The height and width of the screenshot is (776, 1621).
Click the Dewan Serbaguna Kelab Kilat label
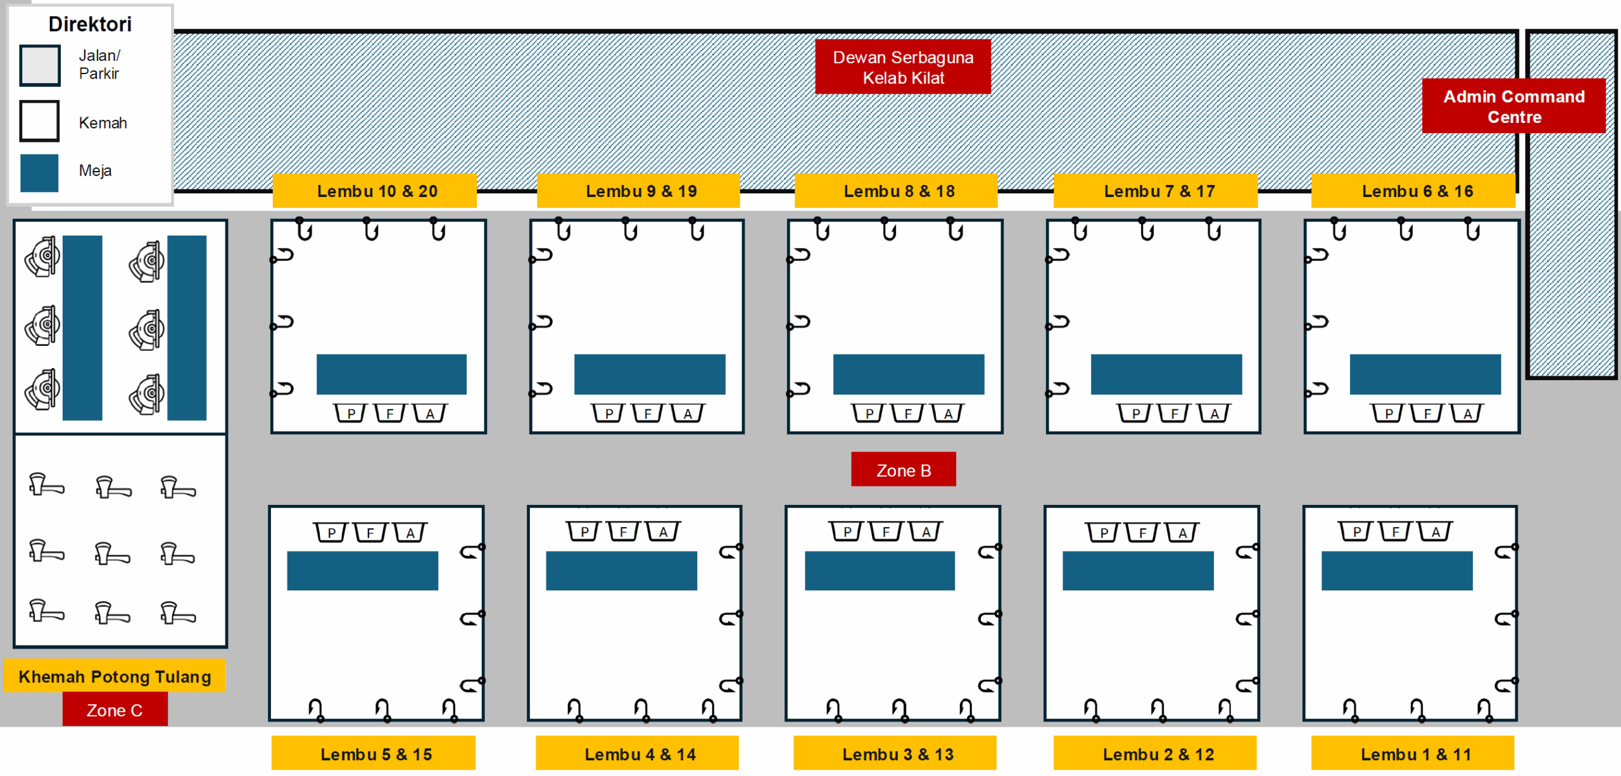point(902,67)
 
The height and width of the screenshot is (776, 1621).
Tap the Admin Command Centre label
point(1513,106)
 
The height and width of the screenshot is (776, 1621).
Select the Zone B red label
point(904,469)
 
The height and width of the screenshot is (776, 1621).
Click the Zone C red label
point(115,709)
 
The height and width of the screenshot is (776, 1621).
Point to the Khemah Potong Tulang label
point(115,676)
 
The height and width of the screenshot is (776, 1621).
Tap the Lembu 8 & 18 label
point(896,191)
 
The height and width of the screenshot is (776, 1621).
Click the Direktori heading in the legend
point(90,24)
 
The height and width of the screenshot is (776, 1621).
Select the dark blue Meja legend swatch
point(39,173)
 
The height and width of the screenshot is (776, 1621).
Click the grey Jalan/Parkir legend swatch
point(40,65)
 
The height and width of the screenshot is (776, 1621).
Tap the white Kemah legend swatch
point(39,120)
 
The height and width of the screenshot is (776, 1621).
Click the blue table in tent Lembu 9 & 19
point(650,374)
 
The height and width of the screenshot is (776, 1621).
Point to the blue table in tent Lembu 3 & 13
point(880,571)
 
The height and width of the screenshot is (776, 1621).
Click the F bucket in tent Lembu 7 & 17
point(1175,413)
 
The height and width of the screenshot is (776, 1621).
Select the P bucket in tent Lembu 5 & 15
point(331,532)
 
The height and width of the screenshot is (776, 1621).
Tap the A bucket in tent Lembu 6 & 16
point(1467,413)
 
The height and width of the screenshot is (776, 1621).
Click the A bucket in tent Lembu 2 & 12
point(1182,532)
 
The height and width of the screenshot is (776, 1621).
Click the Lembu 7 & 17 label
point(1156,191)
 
